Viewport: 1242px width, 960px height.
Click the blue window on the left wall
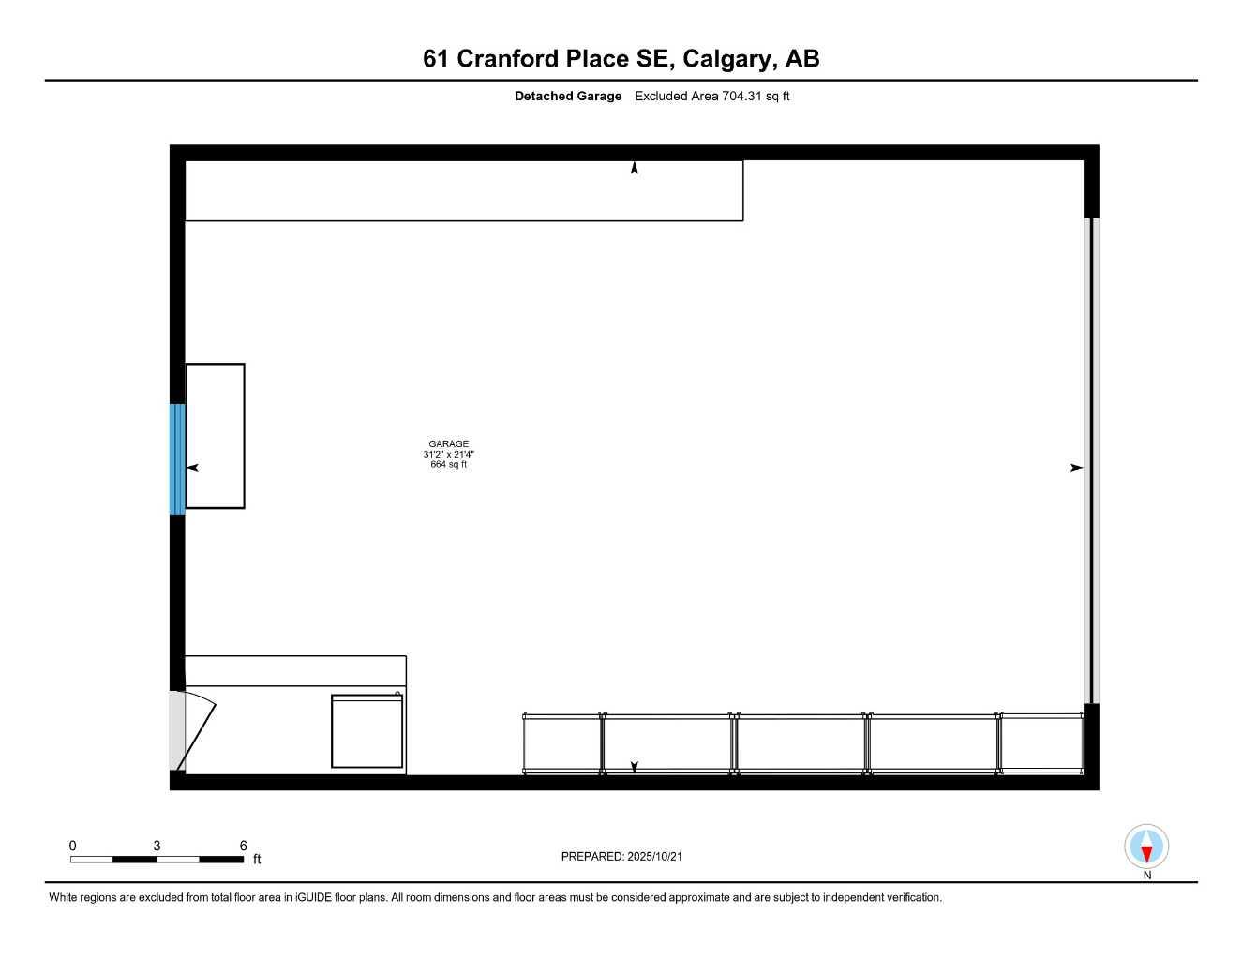pos(177,458)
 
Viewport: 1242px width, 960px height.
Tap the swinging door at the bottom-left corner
pos(195,732)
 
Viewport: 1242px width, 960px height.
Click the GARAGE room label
pos(448,444)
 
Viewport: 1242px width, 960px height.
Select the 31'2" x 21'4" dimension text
pos(448,455)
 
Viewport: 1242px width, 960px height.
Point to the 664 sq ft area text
pos(448,465)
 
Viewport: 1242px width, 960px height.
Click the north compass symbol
pos(1146,847)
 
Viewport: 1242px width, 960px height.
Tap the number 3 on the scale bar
pos(157,846)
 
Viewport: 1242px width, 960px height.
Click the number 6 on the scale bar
pos(244,846)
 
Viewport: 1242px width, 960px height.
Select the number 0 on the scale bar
pos(73,846)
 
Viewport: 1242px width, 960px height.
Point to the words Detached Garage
pos(568,96)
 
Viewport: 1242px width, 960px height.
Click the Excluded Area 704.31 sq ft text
pos(711,96)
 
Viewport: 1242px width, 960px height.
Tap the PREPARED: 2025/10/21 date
pos(621,856)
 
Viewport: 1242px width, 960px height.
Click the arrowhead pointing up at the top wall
pos(635,168)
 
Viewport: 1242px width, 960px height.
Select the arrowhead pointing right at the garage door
pos(1076,468)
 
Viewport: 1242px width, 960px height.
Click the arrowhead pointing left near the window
pos(193,468)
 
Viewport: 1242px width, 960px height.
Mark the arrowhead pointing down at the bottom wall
pos(635,767)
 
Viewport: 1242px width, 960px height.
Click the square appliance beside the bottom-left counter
pos(367,731)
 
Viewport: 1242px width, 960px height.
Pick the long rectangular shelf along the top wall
pos(464,191)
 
